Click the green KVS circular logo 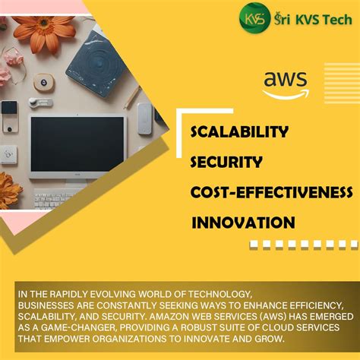click(x=254, y=17)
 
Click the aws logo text click(x=286, y=80)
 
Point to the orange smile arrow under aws click(x=286, y=94)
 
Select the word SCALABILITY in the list click(x=239, y=132)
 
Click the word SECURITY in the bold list click(x=226, y=161)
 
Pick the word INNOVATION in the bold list click(x=242, y=223)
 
